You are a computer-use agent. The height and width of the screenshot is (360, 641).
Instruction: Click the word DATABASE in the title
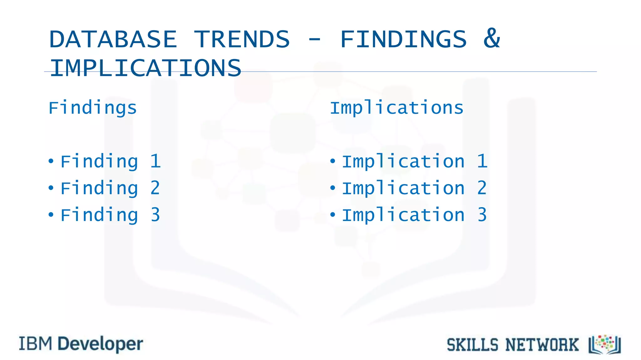click(x=113, y=39)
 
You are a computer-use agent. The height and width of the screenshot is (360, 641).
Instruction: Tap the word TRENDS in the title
click(x=242, y=39)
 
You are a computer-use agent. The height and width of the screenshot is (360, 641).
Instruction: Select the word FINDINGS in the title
click(x=403, y=39)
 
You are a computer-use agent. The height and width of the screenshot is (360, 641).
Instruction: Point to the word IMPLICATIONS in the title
click(x=146, y=68)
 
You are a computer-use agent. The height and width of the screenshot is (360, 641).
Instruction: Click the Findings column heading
click(x=93, y=108)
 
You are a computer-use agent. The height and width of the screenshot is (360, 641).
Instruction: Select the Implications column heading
click(x=397, y=108)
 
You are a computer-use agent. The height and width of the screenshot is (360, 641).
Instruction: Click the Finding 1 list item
click(x=110, y=162)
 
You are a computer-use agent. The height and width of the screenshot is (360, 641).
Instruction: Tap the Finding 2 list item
click(x=110, y=188)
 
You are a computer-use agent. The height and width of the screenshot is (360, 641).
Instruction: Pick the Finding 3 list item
click(x=110, y=215)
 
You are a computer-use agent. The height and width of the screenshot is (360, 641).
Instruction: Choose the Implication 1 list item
click(x=414, y=162)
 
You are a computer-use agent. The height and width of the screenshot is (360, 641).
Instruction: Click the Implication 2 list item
click(x=414, y=188)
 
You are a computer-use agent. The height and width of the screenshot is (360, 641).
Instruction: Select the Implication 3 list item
click(x=414, y=215)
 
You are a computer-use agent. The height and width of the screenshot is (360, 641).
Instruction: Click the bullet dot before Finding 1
click(x=51, y=161)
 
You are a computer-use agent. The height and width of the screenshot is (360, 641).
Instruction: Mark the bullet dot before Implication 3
click(x=333, y=215)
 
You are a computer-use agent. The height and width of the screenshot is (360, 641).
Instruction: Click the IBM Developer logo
click(x=81, y=344)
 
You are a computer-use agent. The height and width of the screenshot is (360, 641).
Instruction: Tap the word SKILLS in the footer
click(x=472, y=345)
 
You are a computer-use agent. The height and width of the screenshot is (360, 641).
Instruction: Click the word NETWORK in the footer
click(x=542, y=345)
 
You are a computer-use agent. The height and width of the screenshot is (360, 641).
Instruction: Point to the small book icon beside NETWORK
click(x=605, y=345)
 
